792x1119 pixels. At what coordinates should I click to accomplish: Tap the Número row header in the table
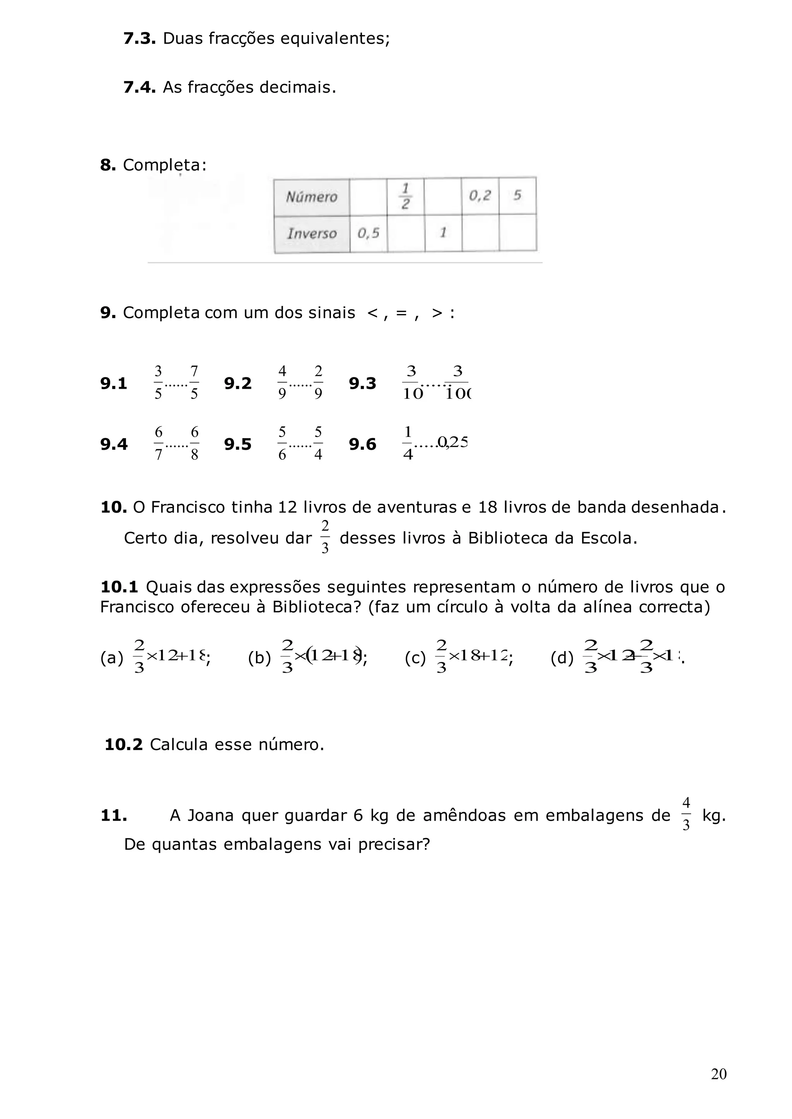pos(312,197)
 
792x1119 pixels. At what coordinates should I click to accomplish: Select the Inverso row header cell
pos(312,233)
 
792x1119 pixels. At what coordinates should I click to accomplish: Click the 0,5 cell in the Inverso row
pos(368,233)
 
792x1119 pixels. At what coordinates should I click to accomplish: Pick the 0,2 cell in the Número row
pos(480,196)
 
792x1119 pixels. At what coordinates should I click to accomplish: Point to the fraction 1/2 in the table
pos(405,196)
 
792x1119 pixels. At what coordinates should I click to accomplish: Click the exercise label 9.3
pos(362,384)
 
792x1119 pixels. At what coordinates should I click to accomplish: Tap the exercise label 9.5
pos(237,444)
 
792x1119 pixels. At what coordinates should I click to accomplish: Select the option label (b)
pos(259,658)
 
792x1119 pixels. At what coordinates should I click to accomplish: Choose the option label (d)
pos(562,658)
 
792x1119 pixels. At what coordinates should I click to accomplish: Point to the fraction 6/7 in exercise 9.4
pos(159,444)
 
